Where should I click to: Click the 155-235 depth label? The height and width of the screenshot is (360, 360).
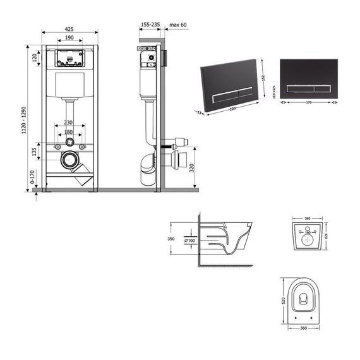[150, 25]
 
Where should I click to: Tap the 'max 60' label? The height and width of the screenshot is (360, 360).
[179, 25]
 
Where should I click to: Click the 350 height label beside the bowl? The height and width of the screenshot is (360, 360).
[170, 240]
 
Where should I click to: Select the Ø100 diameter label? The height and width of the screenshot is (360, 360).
[190, 240]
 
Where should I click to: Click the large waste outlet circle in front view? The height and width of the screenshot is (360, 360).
[69, 160]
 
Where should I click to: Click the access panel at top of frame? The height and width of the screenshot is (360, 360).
[70, 57]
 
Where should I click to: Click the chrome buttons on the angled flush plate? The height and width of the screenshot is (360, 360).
[226, 93]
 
